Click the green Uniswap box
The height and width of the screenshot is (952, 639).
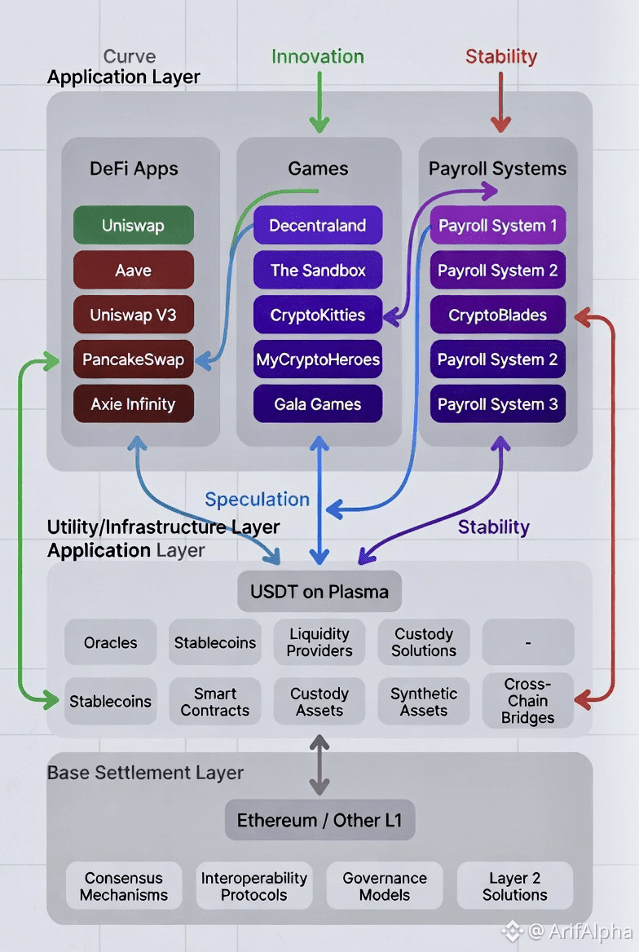[134, 226]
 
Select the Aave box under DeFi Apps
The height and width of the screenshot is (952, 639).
[134, 270]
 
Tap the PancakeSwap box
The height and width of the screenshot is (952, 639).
[134, 359]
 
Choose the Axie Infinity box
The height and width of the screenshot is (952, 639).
[134, 404]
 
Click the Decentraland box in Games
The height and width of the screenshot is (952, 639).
[318, 226]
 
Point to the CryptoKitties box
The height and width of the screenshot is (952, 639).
[318, 315]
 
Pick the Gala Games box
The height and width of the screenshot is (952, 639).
[318, 404]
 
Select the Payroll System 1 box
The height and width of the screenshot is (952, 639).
[498, 226]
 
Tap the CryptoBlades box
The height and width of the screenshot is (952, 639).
[498, 315]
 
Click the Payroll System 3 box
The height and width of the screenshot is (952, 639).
[498, 404]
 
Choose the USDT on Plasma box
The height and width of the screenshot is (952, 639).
[319, 592]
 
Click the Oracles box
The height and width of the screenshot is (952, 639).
[111, 642]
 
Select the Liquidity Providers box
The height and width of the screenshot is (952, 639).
[319, 642]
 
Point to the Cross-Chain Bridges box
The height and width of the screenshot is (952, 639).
[528, 701]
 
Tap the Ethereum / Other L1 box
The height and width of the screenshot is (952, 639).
[319, 820]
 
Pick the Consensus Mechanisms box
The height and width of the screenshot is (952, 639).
[124, 886]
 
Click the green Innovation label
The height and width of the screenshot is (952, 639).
[318, 56]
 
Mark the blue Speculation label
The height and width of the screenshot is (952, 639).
[257, 500]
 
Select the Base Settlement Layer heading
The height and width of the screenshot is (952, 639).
[145, 772]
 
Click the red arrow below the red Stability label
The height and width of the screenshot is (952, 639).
[500, 102]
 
